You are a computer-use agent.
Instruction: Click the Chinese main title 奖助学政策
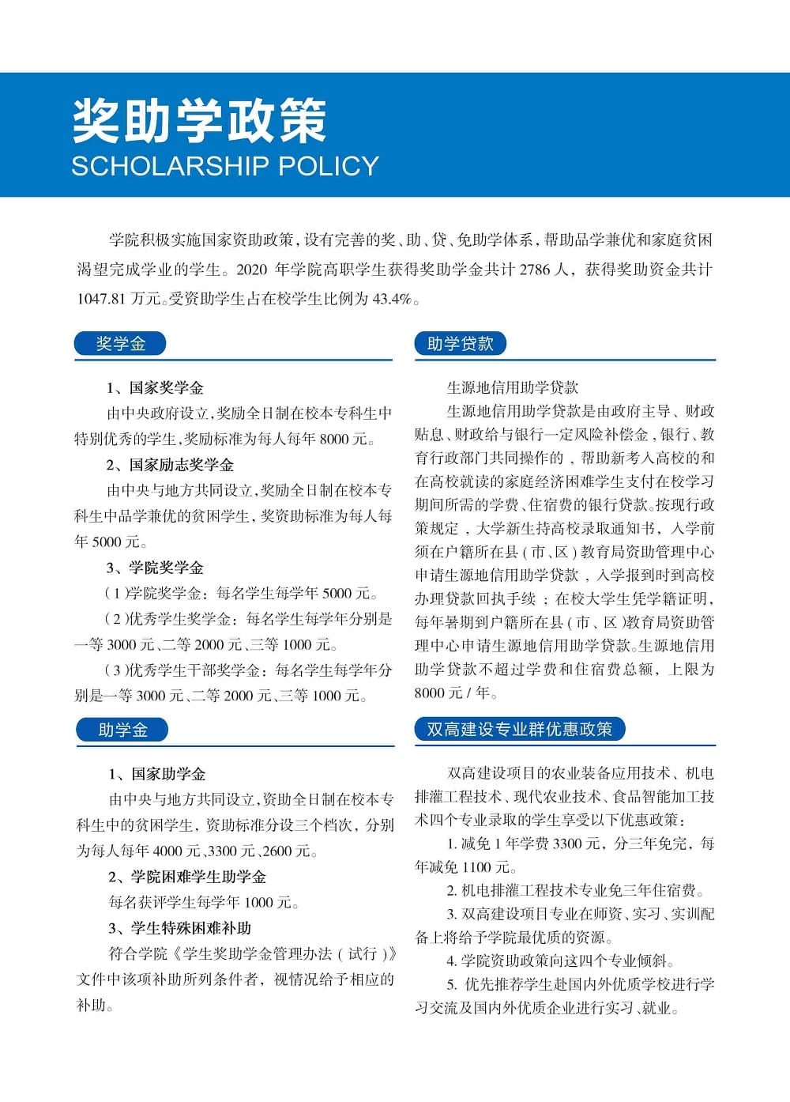pos(199,121)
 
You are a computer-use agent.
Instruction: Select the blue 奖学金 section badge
pos(120,344)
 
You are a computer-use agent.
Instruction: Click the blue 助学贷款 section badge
pos(460,344)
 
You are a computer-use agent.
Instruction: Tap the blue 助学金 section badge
pos(122,730)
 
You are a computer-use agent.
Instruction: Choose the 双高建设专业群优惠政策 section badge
pos(519,729)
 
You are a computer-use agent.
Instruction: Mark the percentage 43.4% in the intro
pos(393,299)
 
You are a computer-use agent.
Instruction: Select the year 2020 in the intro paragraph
pos(252,270)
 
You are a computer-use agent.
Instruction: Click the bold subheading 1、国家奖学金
pos(156,387)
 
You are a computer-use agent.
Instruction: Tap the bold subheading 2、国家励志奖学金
pos(170,465)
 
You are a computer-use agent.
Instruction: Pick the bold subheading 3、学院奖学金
pos(156,568)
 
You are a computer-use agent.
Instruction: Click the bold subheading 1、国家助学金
pos(157,774)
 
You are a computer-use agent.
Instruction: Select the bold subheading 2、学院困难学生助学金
pos(187,877)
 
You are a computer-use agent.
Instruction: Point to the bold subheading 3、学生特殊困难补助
pos(180,928)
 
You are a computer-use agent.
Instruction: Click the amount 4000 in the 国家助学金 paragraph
pos(167,851)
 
